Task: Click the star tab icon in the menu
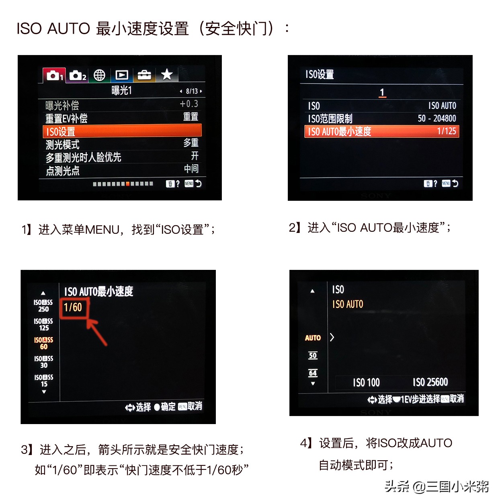[167, 74]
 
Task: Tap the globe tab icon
[99, 75]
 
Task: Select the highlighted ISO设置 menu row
[122, 131]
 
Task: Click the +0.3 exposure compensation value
[189, 104]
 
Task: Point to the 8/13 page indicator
[191, 91]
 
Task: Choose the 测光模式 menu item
[63, 145]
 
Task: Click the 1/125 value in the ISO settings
[447, 131]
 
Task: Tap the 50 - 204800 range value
[437, 118]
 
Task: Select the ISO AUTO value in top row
[442, 106]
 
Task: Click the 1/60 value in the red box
[73, 308]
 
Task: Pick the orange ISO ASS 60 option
[43, 343]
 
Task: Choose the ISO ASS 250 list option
[43, 306]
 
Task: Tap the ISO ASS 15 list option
[44, 381]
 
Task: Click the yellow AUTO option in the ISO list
[313, 338]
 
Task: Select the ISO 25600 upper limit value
[430, 382]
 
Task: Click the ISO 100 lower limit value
[366, 382]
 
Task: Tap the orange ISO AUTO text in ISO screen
[348, 304]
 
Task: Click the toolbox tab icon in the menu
[144, 75]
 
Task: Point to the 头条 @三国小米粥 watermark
[436, 487]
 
